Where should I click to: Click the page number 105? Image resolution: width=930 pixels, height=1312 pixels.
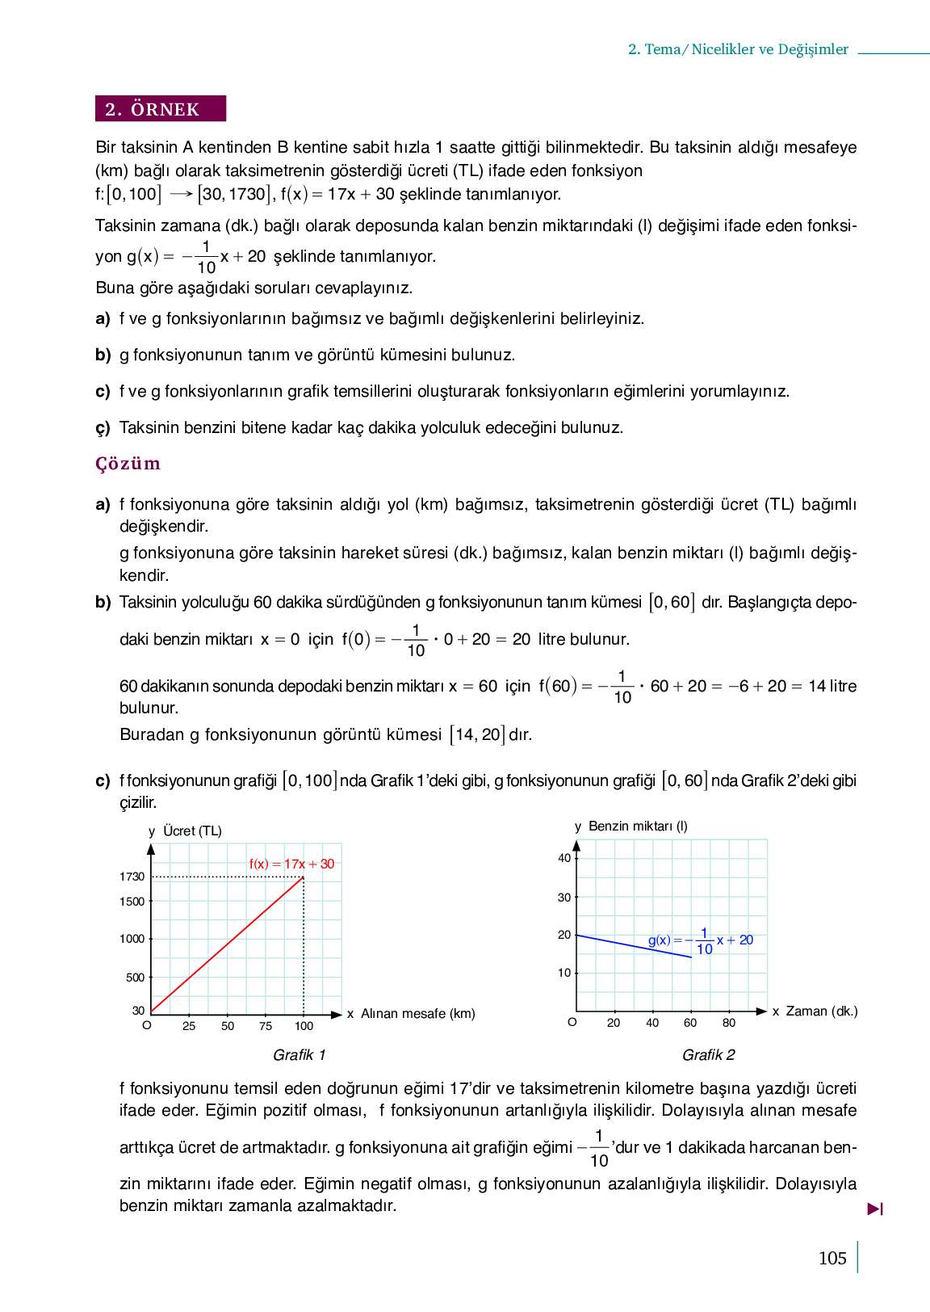(x=832, y=1258)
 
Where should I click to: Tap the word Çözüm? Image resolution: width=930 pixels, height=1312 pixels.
(x=128, y=464)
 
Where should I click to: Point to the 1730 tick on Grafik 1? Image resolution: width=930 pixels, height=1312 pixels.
(x=132, y=877)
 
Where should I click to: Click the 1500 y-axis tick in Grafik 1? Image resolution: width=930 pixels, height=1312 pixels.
(x=132, y=902)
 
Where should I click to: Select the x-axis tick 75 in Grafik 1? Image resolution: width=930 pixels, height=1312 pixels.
(x=266, y=1026)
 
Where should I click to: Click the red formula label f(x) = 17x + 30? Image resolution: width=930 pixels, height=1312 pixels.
(x=291, y=864)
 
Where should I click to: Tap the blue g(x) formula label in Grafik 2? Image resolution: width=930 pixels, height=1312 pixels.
(x=701, y=941)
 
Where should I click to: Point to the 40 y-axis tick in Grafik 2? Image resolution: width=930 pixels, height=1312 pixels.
(x=564, y=858)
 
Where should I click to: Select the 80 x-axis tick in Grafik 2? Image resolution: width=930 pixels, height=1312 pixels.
(x=729, y=1023)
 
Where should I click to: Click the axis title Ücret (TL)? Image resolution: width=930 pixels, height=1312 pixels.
(x=192, y=831)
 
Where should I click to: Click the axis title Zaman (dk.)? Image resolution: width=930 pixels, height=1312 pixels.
(x=822, y=1011)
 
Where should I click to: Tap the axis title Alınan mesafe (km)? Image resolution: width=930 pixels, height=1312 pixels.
(x=417, y=1014)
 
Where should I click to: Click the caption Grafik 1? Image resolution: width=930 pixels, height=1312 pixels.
(x=300, y=1055)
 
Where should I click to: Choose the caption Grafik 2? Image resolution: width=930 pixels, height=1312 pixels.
(x=709, y=1055)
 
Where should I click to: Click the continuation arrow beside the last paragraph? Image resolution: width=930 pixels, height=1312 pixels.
(x=875, y=1209)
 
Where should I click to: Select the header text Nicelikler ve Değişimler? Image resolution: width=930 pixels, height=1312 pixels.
(x=769, y=49)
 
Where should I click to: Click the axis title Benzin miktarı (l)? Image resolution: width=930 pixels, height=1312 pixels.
(x=638, y=826)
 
